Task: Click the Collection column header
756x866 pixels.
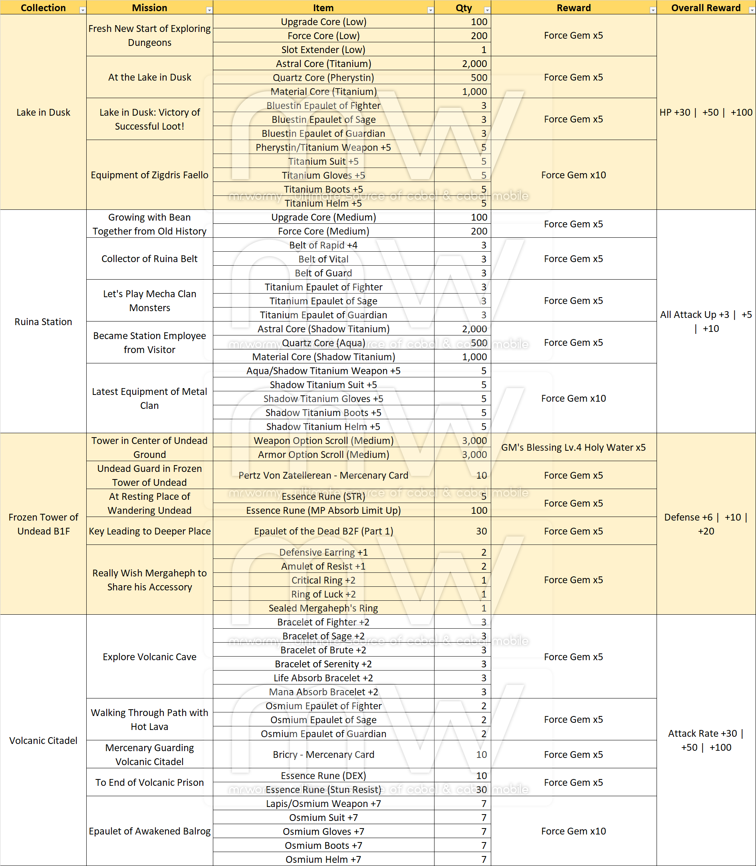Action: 43,8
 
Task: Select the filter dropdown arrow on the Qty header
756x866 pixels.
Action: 487,10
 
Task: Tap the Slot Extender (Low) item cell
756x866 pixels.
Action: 323,50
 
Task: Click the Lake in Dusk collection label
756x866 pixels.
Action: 43,112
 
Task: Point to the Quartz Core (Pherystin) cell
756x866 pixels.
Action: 323,77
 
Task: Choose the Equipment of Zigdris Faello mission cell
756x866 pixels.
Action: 149,175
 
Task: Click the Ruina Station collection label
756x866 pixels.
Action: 43,322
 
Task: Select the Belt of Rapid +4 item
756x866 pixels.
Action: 323,245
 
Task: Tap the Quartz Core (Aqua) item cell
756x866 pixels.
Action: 323,343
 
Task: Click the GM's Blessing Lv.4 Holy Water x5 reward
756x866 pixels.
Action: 573,447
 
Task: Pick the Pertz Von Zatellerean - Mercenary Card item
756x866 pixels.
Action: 323,475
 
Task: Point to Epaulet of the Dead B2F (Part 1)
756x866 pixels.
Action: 323,531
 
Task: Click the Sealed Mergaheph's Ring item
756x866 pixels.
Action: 323,608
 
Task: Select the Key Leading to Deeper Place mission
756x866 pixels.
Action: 149,531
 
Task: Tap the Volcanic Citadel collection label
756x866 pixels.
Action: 43,740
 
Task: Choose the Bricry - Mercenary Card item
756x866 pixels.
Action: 323,754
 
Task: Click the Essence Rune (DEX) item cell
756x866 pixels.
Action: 323,775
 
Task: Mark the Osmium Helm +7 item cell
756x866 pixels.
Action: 323,859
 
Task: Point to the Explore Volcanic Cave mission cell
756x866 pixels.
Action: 149,657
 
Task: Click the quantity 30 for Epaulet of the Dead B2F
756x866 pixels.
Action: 481,531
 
